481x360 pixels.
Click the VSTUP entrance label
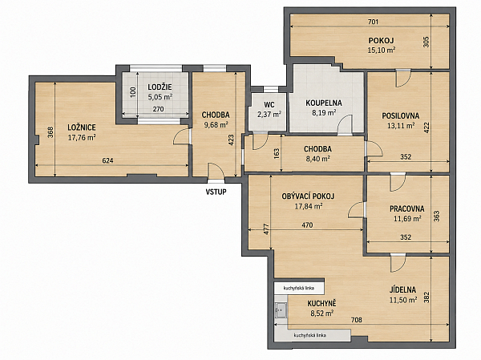click(x=216, y=192)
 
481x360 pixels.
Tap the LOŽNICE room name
click(x=82, y=127)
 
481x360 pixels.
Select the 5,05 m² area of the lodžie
click(x=160, y=97)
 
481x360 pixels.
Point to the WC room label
click(x=269, y=105)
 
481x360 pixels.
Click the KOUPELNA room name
click(x=324, y=103)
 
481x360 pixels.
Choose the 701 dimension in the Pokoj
click(x=373, y=22)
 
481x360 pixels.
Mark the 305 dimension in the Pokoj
click(x=426, y=42)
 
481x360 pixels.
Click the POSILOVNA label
click(x=400, y=115)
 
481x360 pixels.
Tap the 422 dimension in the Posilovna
click(x=426, y=127)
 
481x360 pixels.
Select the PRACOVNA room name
click(x=407, y=208)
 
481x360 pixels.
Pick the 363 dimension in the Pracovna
click(x=437, y=216)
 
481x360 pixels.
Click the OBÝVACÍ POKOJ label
click(x=308, y=196)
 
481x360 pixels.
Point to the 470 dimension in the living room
click(x=307, y=225)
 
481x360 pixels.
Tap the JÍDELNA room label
click(x=402, y=289)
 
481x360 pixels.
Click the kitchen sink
click(x=281, y=310)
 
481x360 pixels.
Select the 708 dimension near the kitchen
click(x=356, y=320)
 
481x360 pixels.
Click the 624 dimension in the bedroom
click(x=107, y=160)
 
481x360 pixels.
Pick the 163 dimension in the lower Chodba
click(x=277, y=154)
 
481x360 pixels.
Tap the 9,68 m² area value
click(x=216, y=124)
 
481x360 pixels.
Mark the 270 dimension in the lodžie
click(x=158, y=109)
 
